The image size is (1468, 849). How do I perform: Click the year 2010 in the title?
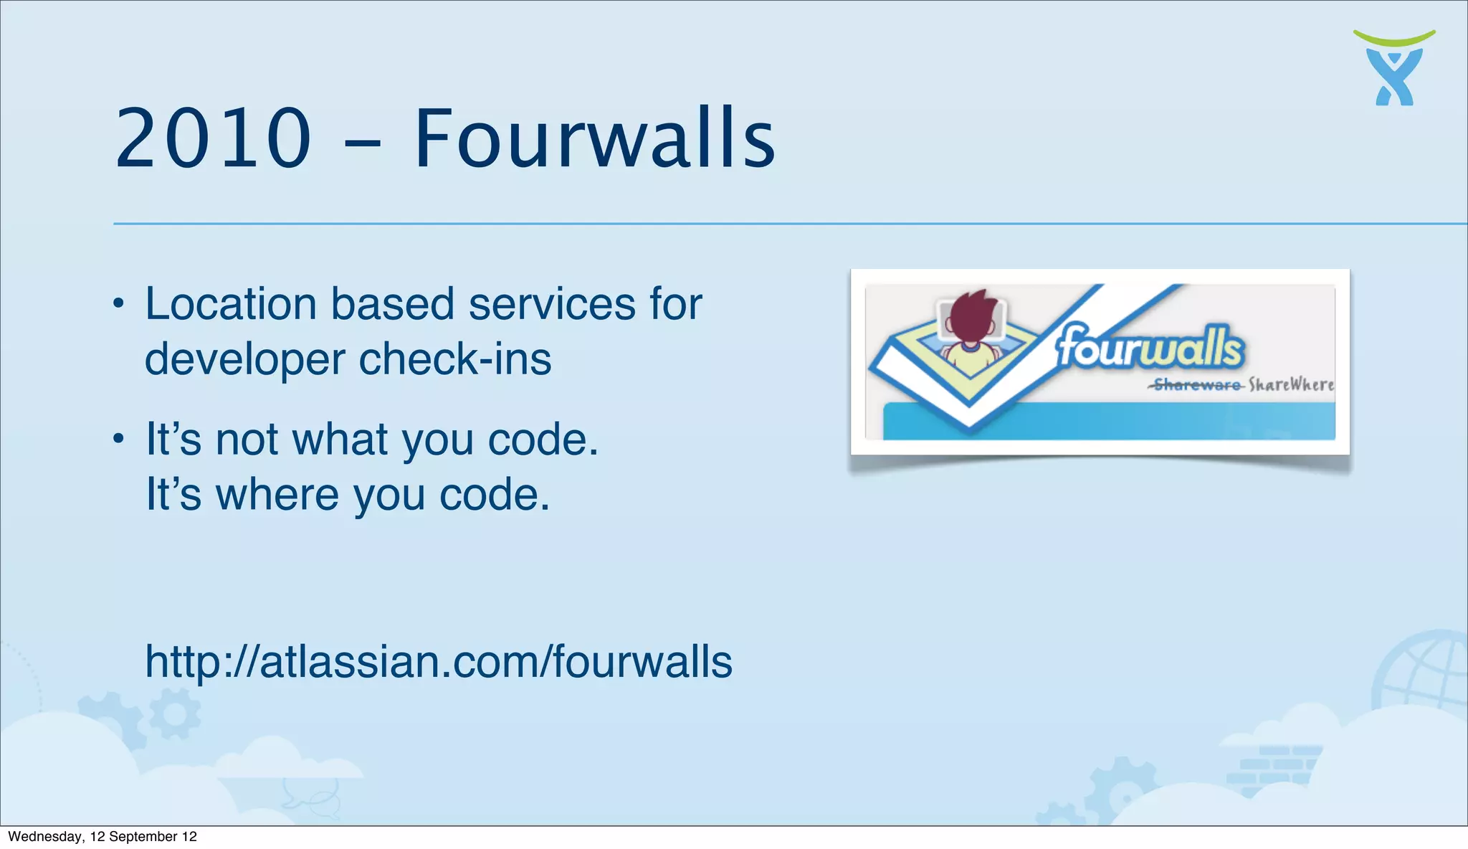[213, 138]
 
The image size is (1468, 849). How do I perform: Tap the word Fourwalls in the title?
[594, 138]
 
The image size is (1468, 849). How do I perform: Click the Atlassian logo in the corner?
[1394, 69]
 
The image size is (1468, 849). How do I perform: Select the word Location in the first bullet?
[230, 303]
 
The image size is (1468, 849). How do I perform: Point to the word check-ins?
[454, 359]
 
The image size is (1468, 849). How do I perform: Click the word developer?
[244, 360]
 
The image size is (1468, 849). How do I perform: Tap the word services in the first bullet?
[552, 303]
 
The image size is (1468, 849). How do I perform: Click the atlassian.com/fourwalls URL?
[439, 661]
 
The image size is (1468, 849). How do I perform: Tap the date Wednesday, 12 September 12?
[102, 837]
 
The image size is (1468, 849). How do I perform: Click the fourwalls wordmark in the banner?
[1150, 347]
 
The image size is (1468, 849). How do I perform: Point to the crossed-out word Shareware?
[1196, 385]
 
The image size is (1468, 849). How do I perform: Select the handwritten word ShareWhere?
[1291, 385]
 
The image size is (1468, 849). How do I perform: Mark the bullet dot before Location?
[119, 304]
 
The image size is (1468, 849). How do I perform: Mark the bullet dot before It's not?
[119, 439]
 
